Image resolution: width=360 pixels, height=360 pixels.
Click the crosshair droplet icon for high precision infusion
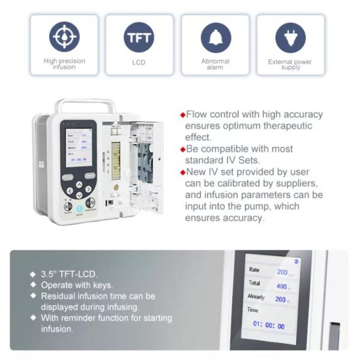pos(64,37)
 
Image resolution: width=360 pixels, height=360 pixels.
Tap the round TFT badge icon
pos(139,37)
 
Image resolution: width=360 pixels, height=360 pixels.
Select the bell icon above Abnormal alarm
pos(215,37)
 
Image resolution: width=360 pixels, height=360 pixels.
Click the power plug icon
pos(290,37)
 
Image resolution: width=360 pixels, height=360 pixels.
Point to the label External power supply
pos(290,65)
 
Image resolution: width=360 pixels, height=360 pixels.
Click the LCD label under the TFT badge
pos(139,62)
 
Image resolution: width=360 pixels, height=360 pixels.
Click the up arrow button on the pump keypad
pos(79,185)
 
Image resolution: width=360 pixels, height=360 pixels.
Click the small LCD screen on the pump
pos(78,147)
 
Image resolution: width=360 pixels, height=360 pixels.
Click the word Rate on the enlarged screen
pos(254,270)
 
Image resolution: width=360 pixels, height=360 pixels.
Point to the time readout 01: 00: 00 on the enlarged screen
pos(269,326)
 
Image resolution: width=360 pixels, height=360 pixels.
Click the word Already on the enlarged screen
pos(256,297)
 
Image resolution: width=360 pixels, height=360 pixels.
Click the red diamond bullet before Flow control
pos(182,115)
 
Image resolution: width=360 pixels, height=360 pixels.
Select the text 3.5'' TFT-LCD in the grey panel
pos(63,274)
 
